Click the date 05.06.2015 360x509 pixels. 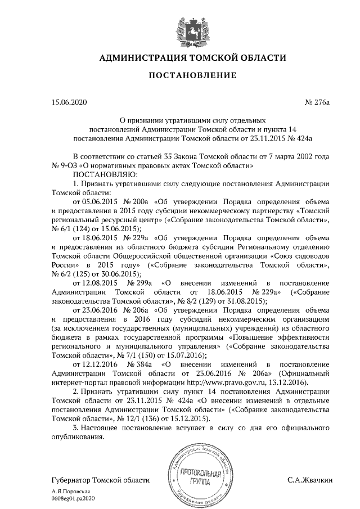click(93, 201)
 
